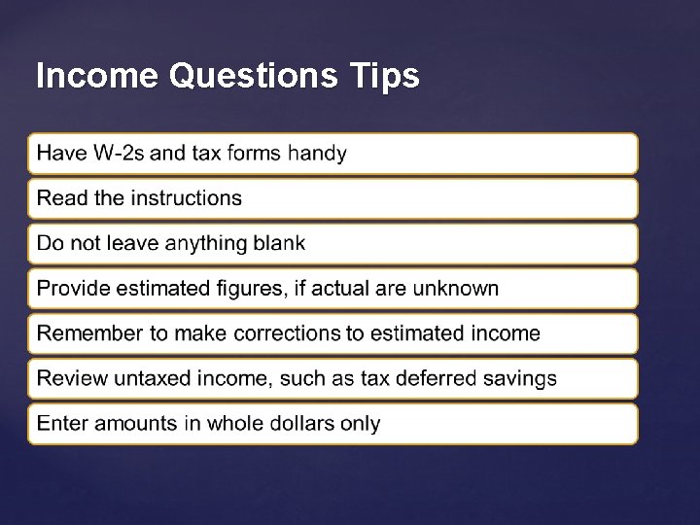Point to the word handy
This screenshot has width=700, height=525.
[x=317, y=154]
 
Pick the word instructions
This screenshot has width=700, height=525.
[x=186, y=198]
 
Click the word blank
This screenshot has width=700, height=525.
[x=278, y=243]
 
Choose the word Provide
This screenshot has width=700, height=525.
[x=73, y=289]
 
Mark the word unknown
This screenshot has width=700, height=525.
[x=455, y=289]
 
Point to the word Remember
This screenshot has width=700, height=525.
[x=89, y=333]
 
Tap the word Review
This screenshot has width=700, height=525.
[x=67, y=378]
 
